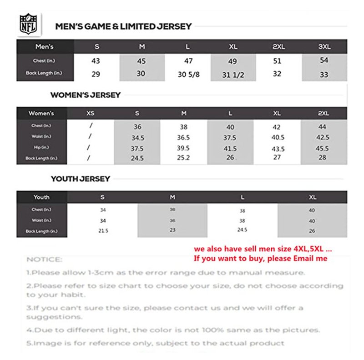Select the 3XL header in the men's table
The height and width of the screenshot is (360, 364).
pyautogui.click(x=324, y=47)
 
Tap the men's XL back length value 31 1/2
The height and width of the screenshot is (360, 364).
pyautogui.click(x=233, y=75)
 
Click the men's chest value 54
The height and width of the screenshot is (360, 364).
pyautogui.click(x=324, y=60)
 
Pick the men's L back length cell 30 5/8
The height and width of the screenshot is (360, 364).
pyautogui.click(x=188, y=74)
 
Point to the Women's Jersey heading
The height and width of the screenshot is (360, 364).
pyautogui.click(x=86, y=95)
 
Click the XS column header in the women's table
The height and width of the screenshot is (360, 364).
pyautogui.click(x=91, y=113)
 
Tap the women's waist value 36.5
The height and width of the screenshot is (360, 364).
pyautogui.click(x=184, y=137)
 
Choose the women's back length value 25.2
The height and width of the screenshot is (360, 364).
pyautogui.click(x=184, y=158)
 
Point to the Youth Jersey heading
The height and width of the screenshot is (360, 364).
pyautogui.click(x=81, y=179)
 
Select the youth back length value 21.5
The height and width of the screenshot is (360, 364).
pyautogui.click(x=103, y=231)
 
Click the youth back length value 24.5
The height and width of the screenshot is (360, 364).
pyautogui.click(x=242, y=230)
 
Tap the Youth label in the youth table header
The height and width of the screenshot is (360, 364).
pyautogui.click(x=41, y=197)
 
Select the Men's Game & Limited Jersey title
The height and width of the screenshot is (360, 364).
pyautogui.click(x=123, y=27)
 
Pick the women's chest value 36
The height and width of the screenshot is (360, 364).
pyautogui.click(x=137, y=127)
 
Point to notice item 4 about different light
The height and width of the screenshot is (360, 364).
pyautogui.click(x=173, y=330)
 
